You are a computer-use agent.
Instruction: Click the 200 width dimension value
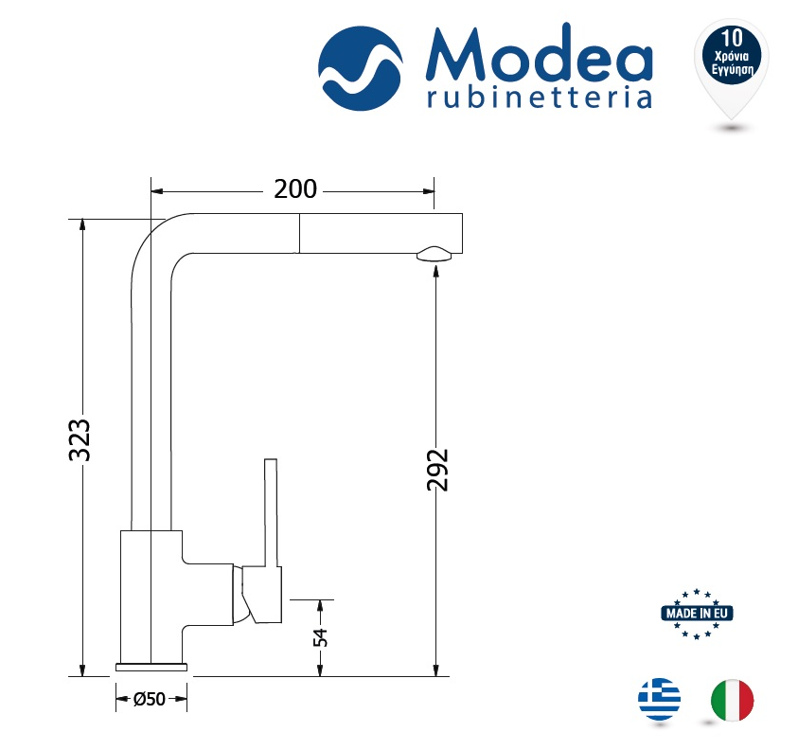[x=295, y=188]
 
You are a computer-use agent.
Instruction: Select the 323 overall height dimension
[x=80, y=440]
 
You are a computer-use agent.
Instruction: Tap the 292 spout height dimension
[x=437, y=470]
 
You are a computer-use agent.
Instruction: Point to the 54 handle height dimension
[x=320, y=637]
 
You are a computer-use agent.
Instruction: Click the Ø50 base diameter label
[x=150, y=699]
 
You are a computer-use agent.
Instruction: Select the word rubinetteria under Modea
[x=540, y=98]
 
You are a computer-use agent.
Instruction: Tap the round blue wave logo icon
[x=361, y=69]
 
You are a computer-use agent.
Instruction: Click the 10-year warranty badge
[x=732, y=69]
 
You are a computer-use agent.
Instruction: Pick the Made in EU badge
[x=697, y=614]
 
